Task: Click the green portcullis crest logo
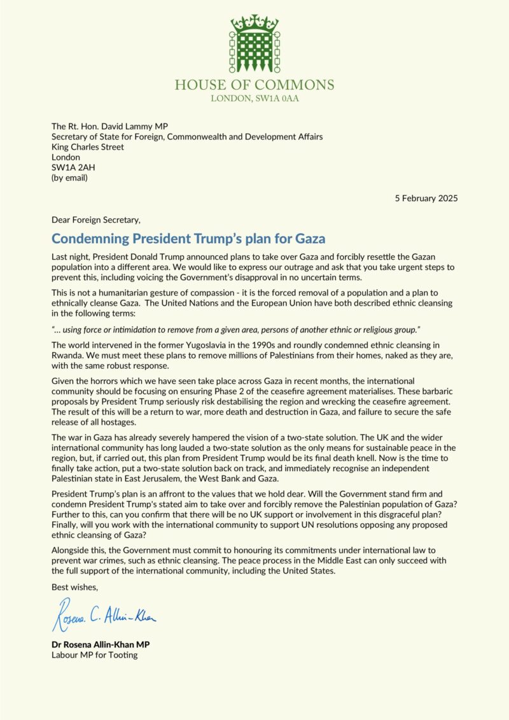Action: tap(254, 45)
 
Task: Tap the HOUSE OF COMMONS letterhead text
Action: tap(254, 85)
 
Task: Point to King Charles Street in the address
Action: tap(87, 146)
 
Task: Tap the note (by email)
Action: tap(69, 178)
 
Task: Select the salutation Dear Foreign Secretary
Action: tap(97, 220)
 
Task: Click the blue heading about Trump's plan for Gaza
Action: tap(188, 239)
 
